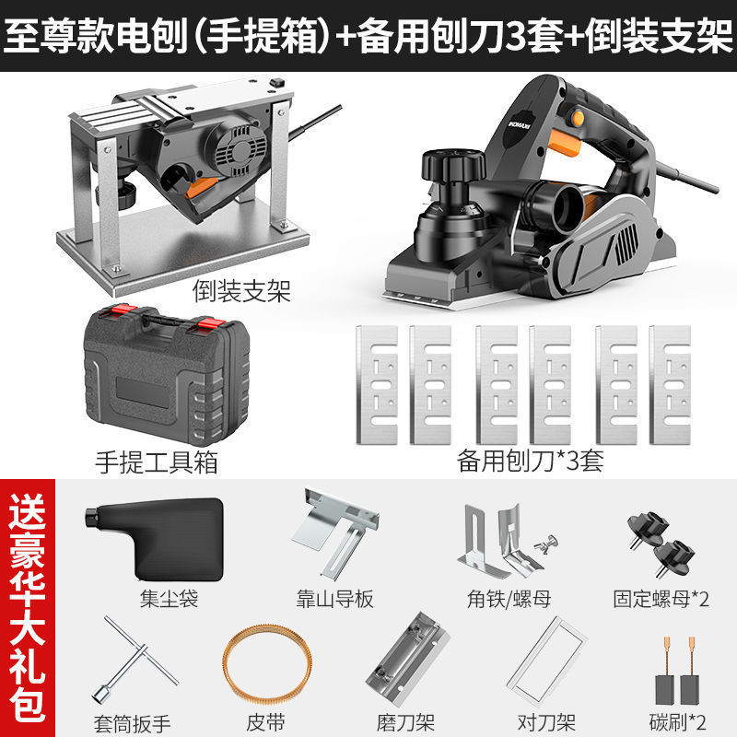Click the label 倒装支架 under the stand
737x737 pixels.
(x=241, y=291)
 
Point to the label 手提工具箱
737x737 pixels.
(x=157, y=462)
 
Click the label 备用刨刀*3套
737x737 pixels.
(x=531, y=461)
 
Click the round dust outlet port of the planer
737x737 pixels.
(x=567, y=206)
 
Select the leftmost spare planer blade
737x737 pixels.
(x=377, y=385)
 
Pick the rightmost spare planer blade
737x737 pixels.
(x=670, y=385)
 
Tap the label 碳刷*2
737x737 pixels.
(x=677, y=722)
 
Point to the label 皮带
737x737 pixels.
(x=265, y=722)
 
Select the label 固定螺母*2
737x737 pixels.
(x=661, y=599)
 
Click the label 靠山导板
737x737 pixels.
(x=334, y=599)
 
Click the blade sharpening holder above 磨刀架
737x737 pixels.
(x=407, y=659)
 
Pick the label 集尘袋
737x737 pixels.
(x=170, y=599)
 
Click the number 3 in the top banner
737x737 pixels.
(x=517, y=36)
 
